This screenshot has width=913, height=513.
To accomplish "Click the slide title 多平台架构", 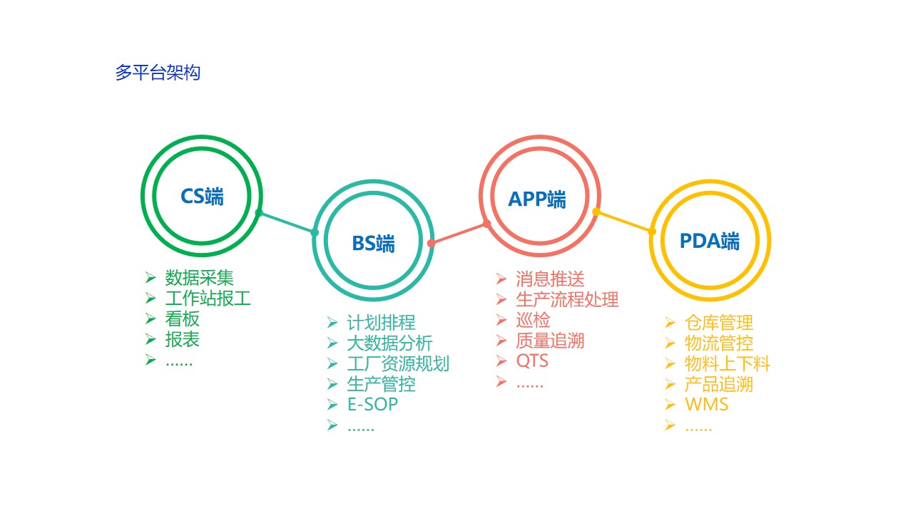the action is click(x=158, y=73).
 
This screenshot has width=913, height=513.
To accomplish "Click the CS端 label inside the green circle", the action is click(x=202, y=196).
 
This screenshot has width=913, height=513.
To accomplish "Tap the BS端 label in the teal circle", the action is click(x=373, y=244).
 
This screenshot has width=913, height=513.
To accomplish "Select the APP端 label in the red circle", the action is click(x=537, y=199).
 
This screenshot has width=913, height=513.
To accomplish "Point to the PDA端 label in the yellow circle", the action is click(x=710, y=241).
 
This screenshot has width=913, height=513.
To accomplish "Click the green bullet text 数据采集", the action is click(x=199, y=278).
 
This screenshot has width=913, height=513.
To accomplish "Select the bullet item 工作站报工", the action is click(x=208, y=299).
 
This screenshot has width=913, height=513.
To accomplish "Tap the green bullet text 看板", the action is click(x=182, y=318).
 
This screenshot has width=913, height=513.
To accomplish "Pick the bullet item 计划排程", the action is click(x=381, y=323).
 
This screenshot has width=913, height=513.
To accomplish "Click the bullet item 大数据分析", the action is click(x=389, y=343).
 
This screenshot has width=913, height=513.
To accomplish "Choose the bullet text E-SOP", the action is click(x=372, y=404).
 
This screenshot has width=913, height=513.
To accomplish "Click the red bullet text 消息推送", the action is click(x=550, y=279).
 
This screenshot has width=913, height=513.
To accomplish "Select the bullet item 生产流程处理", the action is click(x=567, y=300).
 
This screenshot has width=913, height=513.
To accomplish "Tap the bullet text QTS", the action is click(x=532, y=361).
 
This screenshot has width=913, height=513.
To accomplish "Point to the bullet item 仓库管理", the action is click(x=719, y=323).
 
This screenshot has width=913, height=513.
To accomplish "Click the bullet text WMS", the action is click(x=707, y=404).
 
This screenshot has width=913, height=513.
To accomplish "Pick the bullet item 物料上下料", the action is click(x=728, y=363).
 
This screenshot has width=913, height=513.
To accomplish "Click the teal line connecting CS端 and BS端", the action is click(x=287, y=222).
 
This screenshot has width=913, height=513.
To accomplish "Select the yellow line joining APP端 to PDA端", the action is click(x=624, y=222).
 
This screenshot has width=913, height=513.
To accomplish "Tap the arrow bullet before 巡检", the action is click(x=501, y=320).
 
